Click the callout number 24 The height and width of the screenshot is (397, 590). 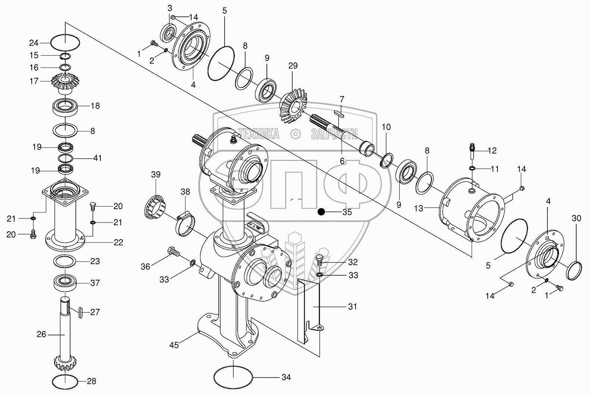34,43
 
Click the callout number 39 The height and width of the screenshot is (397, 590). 156,174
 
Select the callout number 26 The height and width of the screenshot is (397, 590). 41,334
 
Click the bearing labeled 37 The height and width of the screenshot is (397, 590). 66,282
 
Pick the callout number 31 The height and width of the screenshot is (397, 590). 352,307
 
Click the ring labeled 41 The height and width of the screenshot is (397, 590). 66,158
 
